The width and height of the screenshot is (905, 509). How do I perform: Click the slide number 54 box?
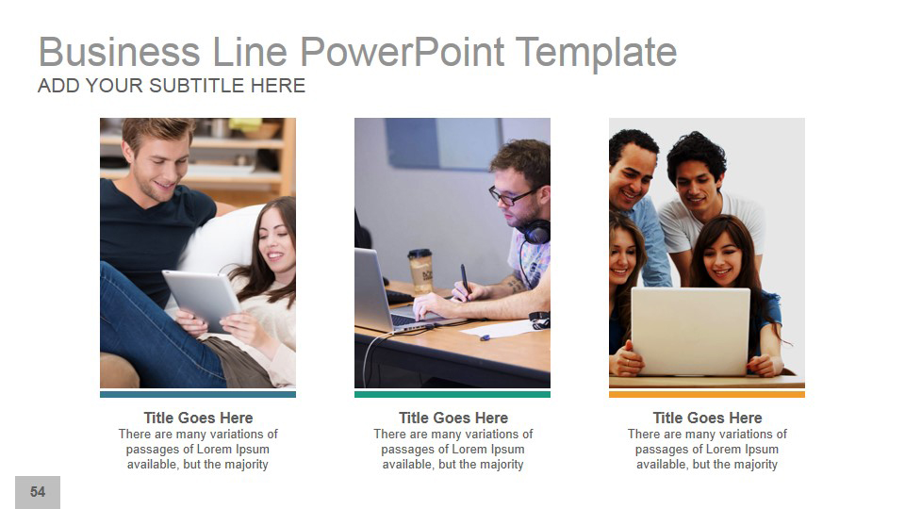coord(38,492)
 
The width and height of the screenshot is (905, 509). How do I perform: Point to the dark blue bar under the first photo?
coord(198,394)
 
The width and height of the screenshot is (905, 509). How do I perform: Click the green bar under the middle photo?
coord(452,394)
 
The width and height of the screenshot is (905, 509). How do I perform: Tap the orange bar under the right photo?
coord(707,394)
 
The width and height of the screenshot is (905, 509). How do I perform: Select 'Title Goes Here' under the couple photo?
coord(198,418)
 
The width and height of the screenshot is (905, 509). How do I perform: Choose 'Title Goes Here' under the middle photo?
coord(452,418)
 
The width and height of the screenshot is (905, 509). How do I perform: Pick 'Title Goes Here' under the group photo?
coord(707,418)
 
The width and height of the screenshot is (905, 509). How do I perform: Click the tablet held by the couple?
coord(200,298)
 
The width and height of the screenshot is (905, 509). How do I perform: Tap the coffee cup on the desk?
coord(420,269)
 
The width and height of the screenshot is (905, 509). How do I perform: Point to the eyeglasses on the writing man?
coord(510,196)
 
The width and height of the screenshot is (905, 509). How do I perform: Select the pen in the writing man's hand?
coord(465,280)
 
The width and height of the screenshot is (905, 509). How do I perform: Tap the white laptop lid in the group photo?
coord(690,331)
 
